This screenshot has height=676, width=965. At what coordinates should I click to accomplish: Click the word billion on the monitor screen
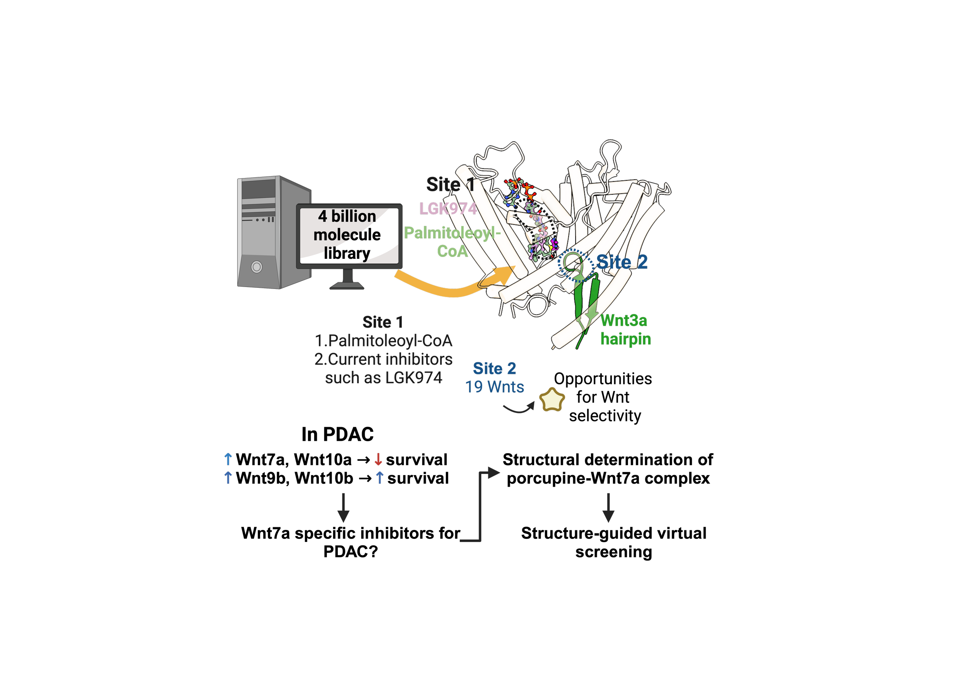point(354,216)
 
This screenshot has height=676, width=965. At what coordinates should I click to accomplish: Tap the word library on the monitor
point(347,253)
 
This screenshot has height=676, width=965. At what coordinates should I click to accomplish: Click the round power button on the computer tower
point(256,267)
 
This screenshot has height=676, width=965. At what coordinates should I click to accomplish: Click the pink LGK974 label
point(448,209)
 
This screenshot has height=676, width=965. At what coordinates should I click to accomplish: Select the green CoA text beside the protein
point(452,251)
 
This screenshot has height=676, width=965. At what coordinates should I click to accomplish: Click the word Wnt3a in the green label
point(624,321)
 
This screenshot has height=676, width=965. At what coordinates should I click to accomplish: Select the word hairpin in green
point(626,339)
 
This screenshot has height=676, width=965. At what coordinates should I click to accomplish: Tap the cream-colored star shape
point(552,400)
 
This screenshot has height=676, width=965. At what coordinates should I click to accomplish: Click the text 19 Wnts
point(495,387)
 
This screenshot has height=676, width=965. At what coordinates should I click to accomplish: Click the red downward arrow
point(378,459)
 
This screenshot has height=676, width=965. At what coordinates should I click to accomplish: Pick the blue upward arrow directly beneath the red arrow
point(380,477)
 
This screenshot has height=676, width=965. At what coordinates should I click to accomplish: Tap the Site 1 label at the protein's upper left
point(450,184)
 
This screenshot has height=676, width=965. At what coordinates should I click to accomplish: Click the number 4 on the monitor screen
point(322,216)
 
